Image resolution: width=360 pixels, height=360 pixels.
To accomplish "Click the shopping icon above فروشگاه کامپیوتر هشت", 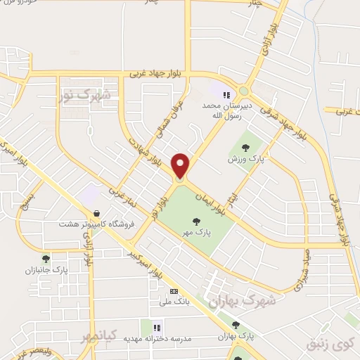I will [96, 213].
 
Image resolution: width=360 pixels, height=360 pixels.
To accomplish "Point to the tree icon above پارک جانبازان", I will [46, 259].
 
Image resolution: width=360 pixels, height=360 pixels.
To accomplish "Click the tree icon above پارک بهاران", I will [236, 324].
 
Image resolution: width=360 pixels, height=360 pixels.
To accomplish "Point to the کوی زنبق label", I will [328, 345].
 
